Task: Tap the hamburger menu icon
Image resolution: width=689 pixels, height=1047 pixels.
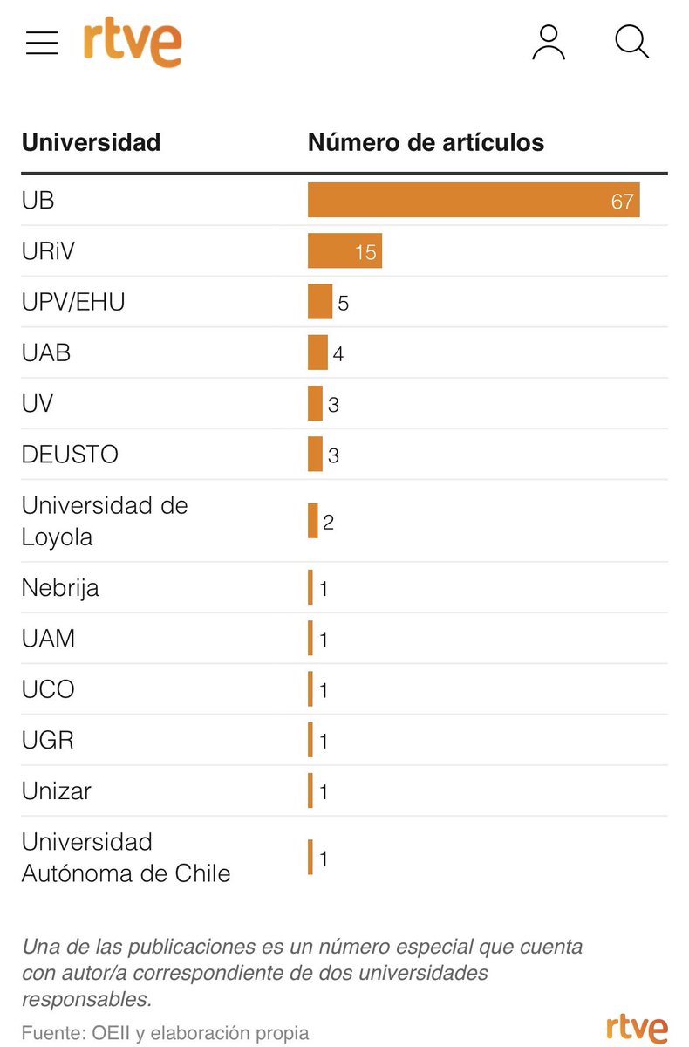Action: (42, 43)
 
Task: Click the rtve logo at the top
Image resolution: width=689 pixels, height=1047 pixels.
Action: (133, 44)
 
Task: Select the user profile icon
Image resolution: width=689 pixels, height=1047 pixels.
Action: (549, 43)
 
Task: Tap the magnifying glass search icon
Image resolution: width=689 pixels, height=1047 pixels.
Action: (631, 42)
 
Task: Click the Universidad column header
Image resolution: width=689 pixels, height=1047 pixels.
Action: (91, 143)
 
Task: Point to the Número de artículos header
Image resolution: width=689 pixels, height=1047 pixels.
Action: (426, 143)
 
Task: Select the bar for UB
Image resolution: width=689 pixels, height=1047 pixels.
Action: (474, 201)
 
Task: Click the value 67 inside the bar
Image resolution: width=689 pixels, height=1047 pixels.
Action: (622, 202)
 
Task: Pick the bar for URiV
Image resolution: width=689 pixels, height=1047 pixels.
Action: (344, 251)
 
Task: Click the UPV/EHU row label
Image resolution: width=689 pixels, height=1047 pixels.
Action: (73, 302)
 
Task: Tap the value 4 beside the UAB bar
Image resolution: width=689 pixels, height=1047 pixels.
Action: (338, 354)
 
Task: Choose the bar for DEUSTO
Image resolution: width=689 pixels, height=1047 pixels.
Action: (315, 454)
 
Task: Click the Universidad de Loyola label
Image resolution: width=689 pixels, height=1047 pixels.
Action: (105, 521)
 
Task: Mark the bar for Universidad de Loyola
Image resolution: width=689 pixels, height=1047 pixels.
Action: (313, 521)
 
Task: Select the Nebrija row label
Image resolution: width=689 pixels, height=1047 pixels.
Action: (60, 588)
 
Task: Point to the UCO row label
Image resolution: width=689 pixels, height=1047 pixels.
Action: (48, 689)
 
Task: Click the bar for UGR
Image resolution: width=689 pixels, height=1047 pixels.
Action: (310, 740)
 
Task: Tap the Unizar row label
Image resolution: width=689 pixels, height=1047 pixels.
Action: (57, 791)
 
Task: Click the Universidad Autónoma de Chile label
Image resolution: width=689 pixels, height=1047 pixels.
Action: (126, 858)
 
